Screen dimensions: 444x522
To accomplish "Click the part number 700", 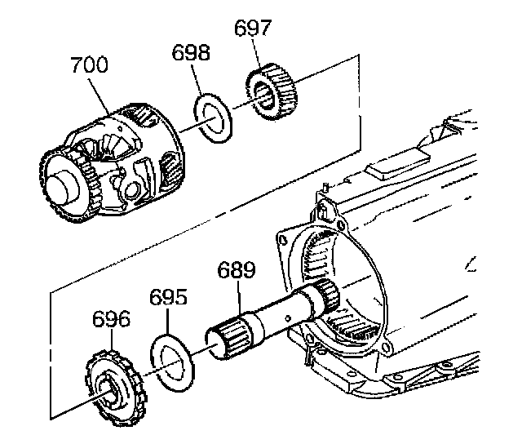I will click(x=89, y=65).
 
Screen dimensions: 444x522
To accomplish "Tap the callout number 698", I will click(x=190, y=55).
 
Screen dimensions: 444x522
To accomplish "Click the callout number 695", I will click(x=168, y=297).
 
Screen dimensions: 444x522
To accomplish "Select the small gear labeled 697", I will click(x=270, y=93).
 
